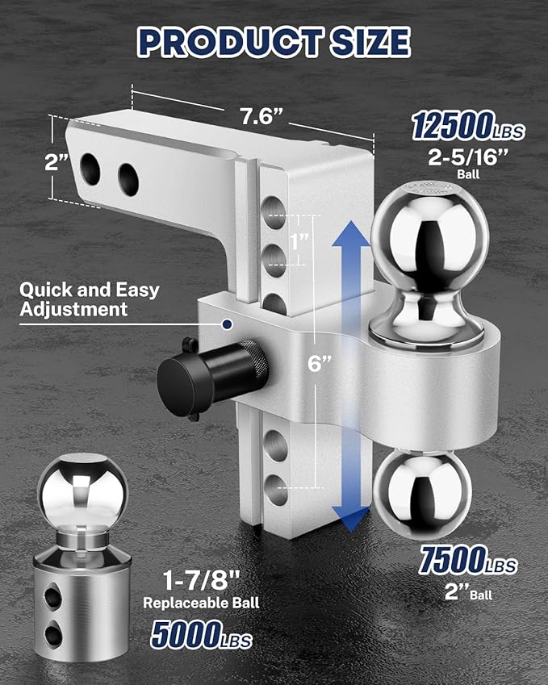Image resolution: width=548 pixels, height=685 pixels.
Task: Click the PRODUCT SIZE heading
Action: (x=274, y=42)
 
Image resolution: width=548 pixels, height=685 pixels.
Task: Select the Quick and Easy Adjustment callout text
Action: (x=89, y=299)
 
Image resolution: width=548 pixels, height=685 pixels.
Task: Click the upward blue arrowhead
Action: (x=350, y=238)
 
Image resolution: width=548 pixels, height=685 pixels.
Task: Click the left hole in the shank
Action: (x=89, y=169)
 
